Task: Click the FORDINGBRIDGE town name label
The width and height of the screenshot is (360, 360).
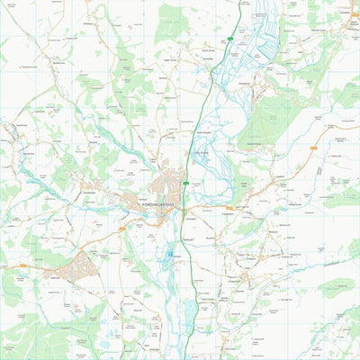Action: click(161, 205)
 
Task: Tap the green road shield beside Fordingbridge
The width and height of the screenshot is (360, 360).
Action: click(186, 184)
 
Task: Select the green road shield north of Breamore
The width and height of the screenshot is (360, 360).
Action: click(231, 39)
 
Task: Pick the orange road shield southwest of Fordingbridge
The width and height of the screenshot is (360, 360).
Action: click(121, 229)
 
